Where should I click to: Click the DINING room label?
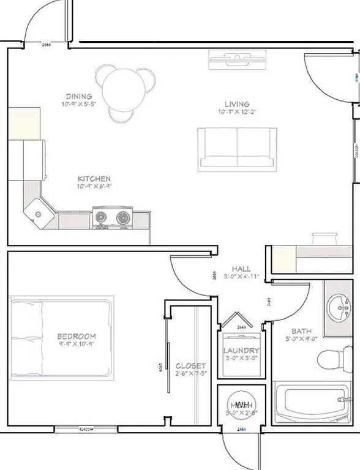coord(79,96)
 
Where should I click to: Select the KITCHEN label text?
coord(94,178)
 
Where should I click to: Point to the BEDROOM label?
coord(77,337)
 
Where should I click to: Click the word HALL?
coord(241,269)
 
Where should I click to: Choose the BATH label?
coord(301,330)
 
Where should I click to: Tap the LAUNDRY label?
coord(242,351)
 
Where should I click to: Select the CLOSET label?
coord(186,366)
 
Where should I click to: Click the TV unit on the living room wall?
coord(237,59)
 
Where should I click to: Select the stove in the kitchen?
coord(113,217)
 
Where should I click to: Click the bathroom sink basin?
coord(339,307)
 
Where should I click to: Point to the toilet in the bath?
coord(332,359)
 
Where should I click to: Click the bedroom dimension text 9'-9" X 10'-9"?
coord(77,346)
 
